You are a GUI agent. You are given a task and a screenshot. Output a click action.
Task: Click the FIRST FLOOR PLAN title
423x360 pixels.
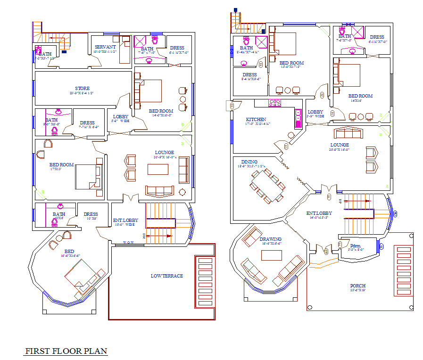click(66, 351)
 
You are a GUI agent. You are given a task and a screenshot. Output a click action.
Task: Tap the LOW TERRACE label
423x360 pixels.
click(166, 276)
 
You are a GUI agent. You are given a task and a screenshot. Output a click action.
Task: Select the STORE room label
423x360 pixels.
click(82, 89)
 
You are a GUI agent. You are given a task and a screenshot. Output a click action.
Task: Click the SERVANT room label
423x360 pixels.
click(105, 47)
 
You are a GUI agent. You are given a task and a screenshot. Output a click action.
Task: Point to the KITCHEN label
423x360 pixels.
click(256, 120)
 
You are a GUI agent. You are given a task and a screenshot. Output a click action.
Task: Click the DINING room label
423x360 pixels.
click(249, 162)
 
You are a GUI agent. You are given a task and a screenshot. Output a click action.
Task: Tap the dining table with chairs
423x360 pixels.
click(267, 185)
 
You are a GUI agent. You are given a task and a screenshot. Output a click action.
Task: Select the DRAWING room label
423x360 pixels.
click(270, 239)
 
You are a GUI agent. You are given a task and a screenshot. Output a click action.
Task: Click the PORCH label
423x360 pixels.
click(357, 286)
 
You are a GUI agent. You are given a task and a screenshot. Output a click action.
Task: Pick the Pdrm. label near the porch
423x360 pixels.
click(355, 245)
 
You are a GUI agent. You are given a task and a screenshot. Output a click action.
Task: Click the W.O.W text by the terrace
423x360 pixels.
click(128, 243)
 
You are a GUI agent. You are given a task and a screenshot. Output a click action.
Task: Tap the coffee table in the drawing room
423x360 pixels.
click(271, 255)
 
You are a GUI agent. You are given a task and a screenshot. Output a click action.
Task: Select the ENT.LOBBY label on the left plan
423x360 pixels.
click(125, 220)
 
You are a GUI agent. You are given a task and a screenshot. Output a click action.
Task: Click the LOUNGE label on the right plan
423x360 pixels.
click(340, 145)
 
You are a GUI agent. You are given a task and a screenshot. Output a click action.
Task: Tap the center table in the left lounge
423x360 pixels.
click(158, 169)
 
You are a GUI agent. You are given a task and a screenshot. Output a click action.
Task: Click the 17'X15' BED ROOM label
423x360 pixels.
click(61, 165)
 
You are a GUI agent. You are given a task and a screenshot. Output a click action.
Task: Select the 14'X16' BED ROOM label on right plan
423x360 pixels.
click(360, 96)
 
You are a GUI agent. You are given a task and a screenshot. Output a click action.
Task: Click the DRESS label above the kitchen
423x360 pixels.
click(249, 75)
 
